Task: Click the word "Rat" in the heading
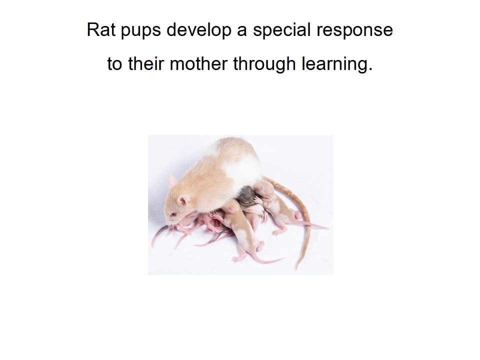(101, 29)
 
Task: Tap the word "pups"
(141, 31)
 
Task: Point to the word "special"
(282, 31)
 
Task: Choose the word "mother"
(198, 63)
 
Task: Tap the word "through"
(264, 65)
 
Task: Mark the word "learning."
(337, 65)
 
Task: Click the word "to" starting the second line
(115, 64)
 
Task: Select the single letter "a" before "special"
(242, 32)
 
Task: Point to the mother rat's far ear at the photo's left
(171, 180)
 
